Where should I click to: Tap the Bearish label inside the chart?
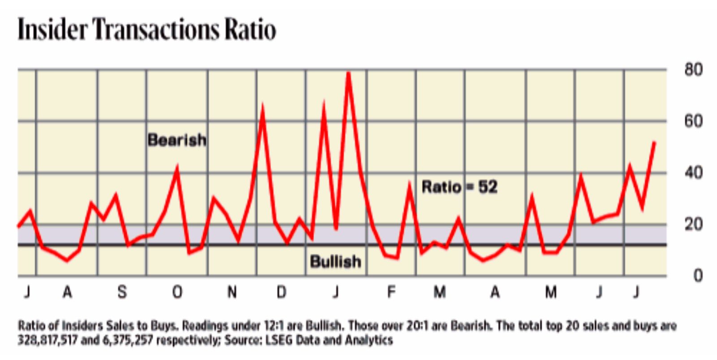coord(177,140)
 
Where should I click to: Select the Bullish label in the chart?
coord(335,261)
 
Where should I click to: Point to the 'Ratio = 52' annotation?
coord(459,187)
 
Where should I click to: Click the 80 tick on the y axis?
coord(693,70)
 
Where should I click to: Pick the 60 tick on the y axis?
coord(693,121)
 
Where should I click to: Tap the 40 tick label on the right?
coord(693,173)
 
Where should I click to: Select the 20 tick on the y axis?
coord(693,224)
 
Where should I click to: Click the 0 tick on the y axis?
coord(698,275)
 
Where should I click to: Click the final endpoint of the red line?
coord(654,143)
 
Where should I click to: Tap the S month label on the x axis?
coord(122,292)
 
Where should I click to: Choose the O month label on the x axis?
coord(177,292)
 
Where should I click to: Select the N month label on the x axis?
coord(232,292)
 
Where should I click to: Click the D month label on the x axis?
coord(281,292)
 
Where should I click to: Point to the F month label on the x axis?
coord(391,292)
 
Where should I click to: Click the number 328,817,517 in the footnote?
coord(48,340)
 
